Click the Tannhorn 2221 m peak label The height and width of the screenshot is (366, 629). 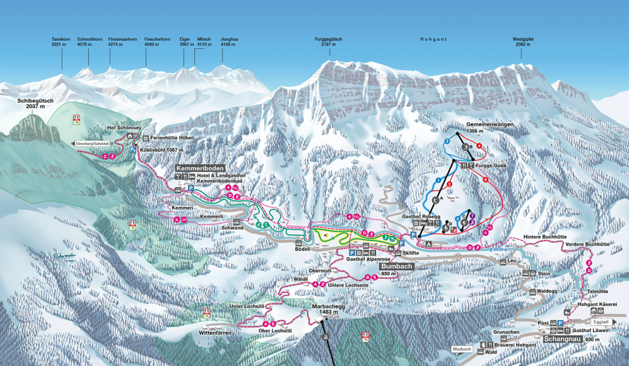click(61, 42)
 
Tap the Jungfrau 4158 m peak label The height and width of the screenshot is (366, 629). click(229, 42)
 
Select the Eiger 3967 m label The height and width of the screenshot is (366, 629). click(185, 42)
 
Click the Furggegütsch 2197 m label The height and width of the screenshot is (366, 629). click(329, 42)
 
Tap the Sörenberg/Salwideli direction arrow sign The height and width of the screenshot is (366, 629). click(92, 143)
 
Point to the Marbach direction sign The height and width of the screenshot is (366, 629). click(463, 349)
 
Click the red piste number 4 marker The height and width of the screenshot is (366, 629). click(480, 146)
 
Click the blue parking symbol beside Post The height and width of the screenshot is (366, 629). click(560, 323)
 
